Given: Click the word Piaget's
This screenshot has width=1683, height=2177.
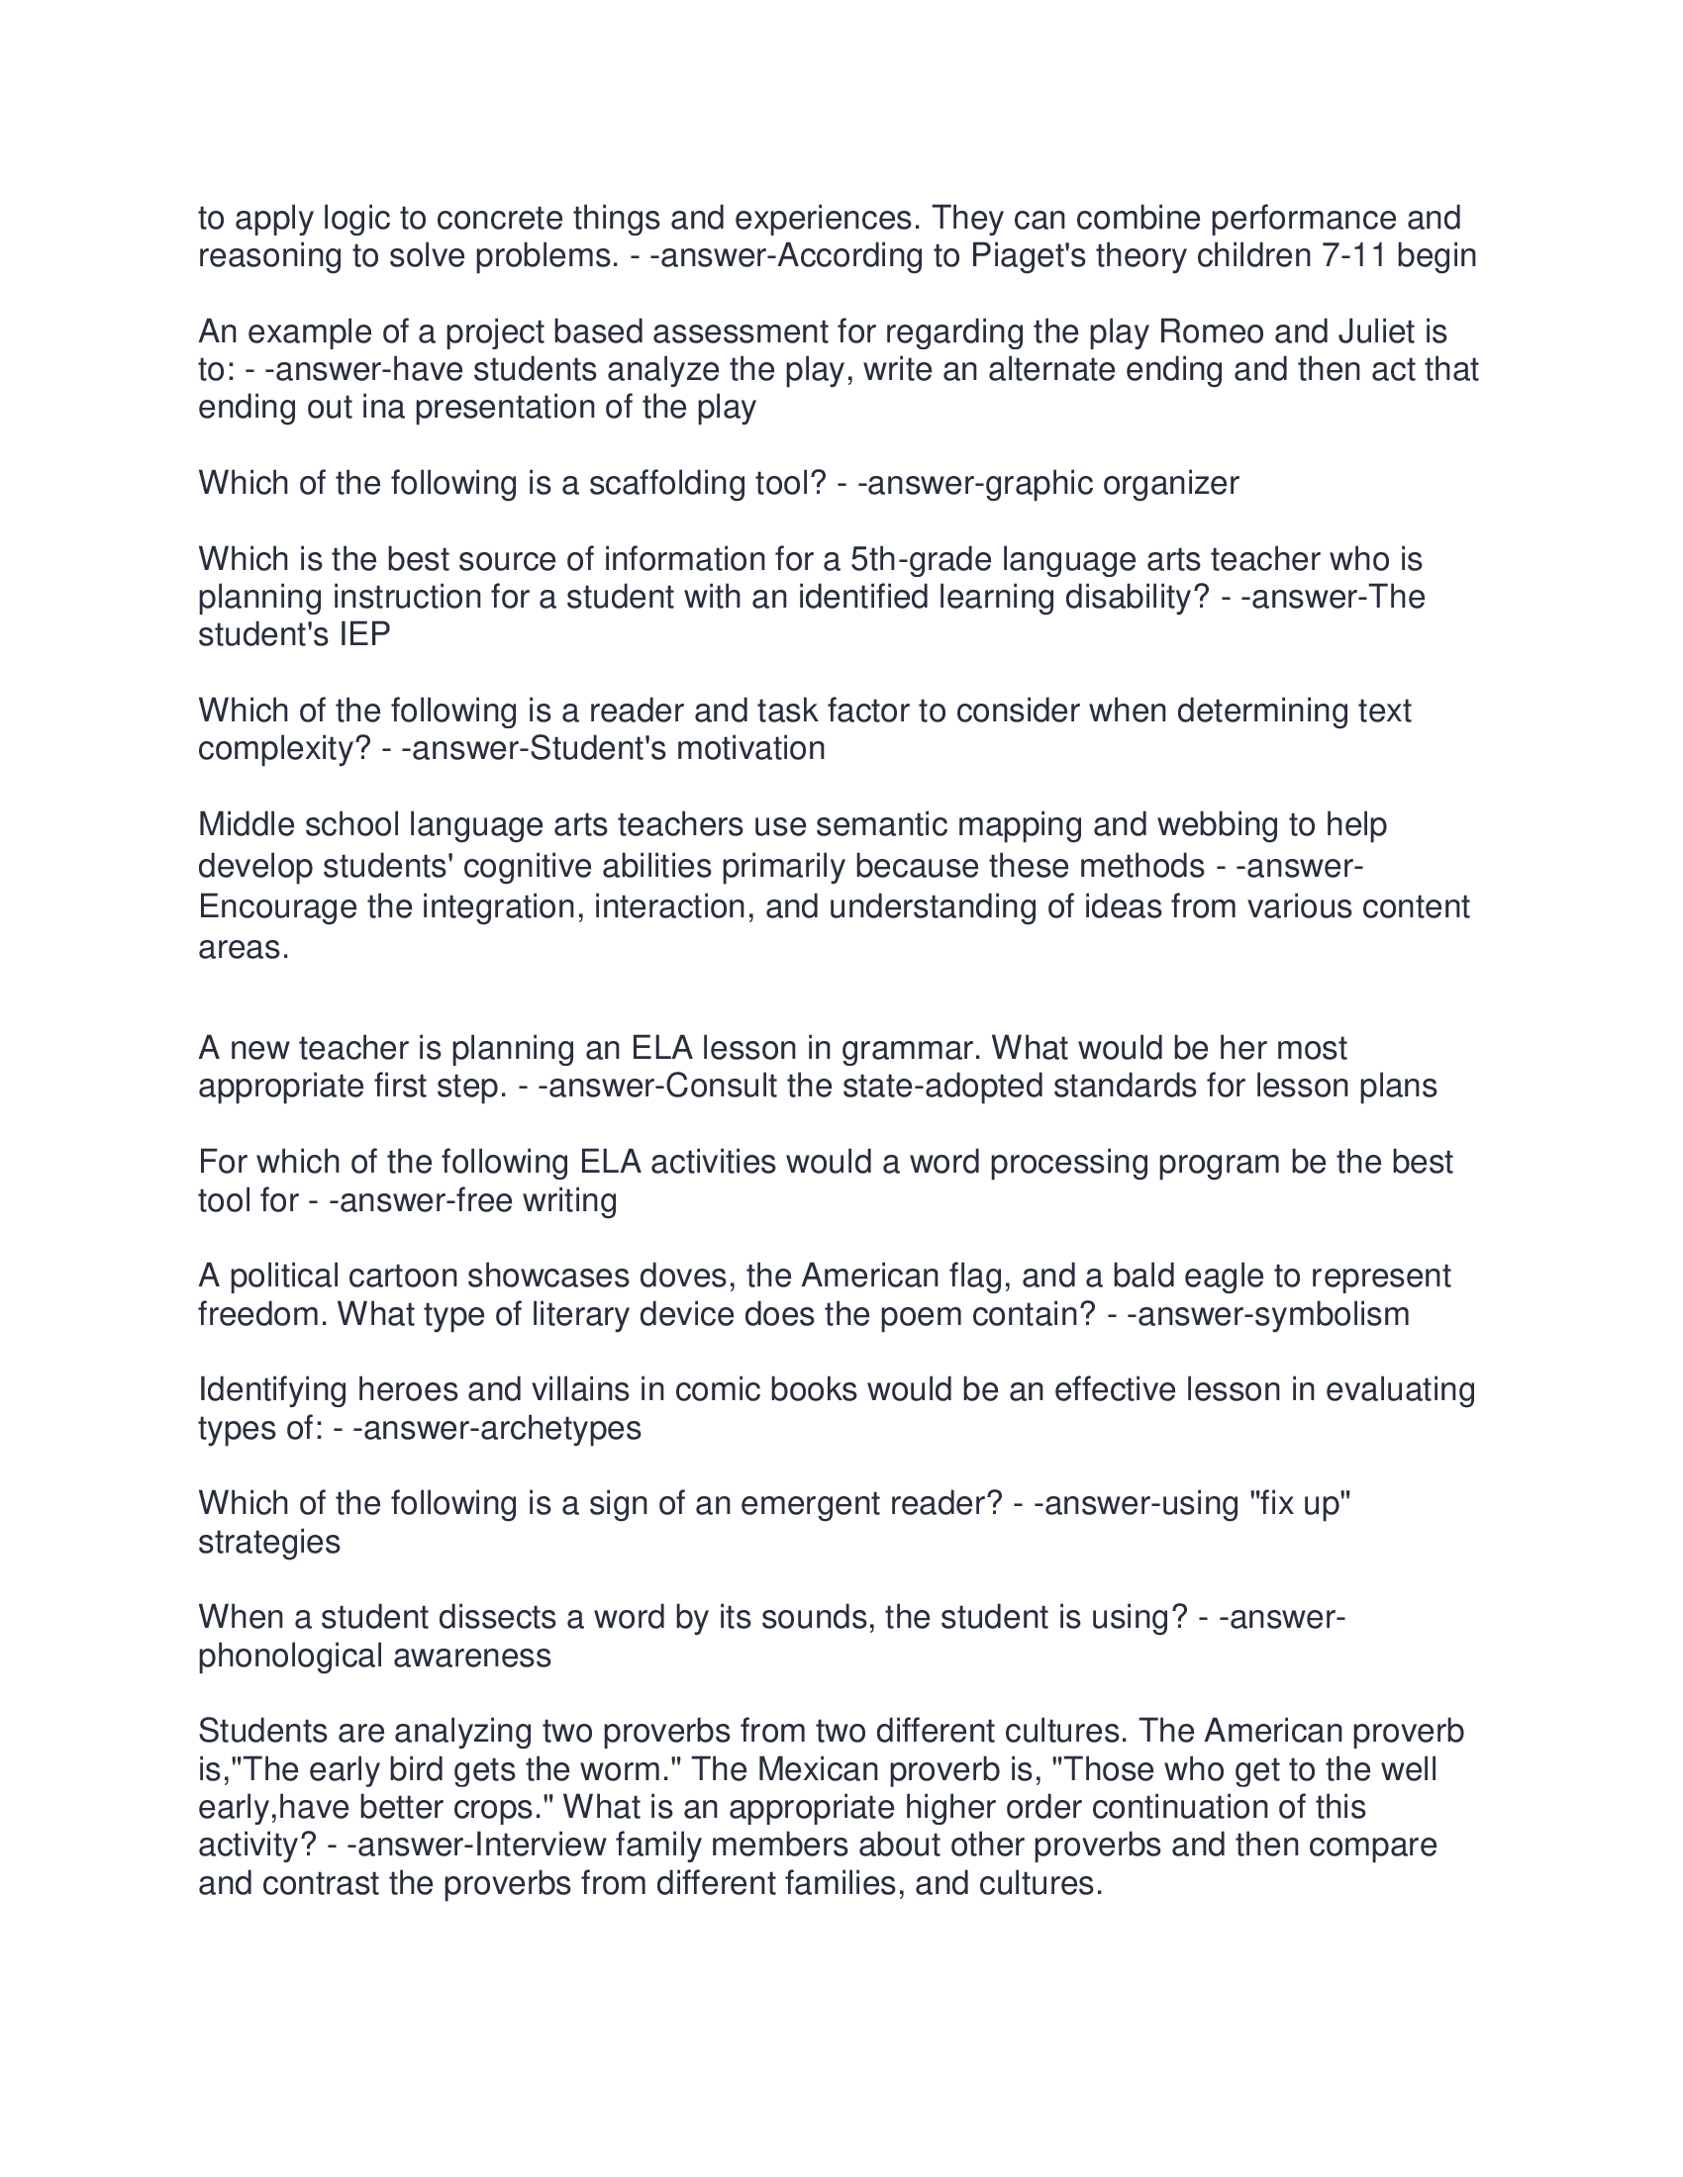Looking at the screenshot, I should (x=1030, y=256).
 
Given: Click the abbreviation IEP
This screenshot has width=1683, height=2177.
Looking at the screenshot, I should (x=364, y=635).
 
